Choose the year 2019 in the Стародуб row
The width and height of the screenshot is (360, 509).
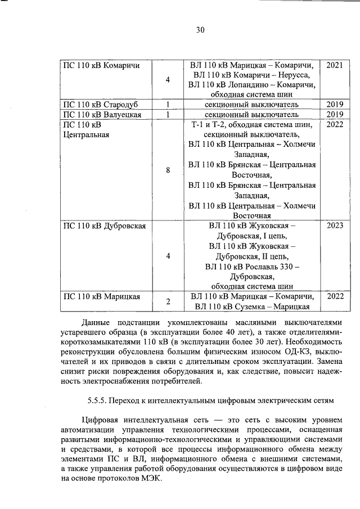tap(334, 105)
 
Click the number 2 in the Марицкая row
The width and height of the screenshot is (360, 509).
tap(168, 301)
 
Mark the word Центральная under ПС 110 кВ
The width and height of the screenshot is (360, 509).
tap(87, 135)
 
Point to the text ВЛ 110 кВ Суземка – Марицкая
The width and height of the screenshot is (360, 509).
tap(252, 306)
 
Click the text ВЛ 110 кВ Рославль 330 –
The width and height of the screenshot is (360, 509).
tap(251, 266)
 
